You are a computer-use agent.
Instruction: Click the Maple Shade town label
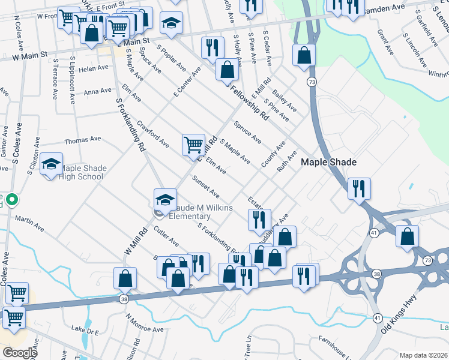[x=328, y=162]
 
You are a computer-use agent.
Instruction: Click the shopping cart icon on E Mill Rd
[x=193, y=143]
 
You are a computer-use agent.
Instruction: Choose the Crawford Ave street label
[x=152, y=135]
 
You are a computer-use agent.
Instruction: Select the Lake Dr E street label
[x=85, y=329]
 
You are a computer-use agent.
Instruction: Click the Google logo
[x=20, y=353]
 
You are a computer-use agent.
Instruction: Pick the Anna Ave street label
[x=98, y=92]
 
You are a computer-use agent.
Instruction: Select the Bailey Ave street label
[x=284, y=99]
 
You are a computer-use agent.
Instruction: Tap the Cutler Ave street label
[x=166, y=236]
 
